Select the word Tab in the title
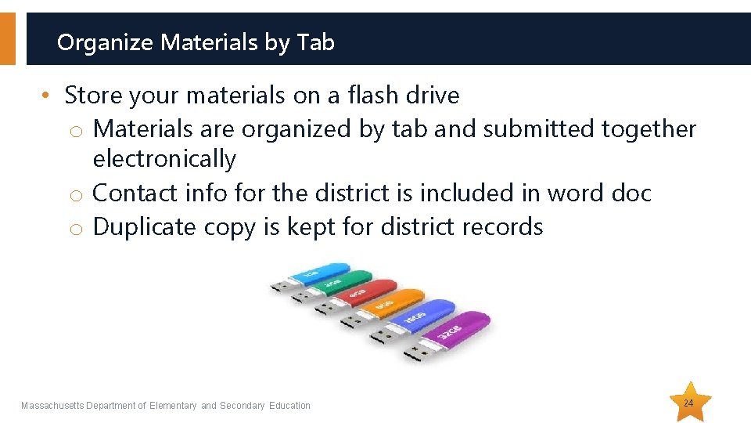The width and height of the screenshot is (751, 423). pos(316,42)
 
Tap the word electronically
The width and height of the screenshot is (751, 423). pos(164,159)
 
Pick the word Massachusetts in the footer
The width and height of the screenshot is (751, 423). pos(52,406)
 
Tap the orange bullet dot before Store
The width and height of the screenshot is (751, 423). pos(48,96)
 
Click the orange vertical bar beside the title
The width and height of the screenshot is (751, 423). pos(7,38)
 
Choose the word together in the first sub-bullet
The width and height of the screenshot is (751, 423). pos(649,128)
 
